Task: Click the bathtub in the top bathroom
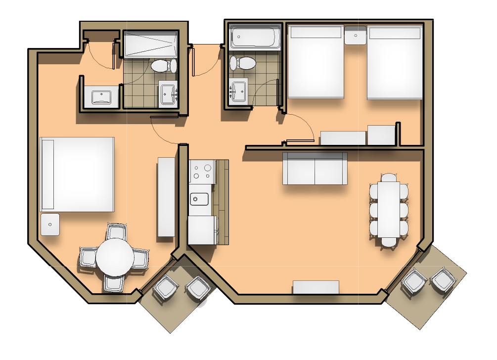tap(255, 37)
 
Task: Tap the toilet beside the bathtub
tap(242, 63)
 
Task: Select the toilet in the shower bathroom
tap(164, 65)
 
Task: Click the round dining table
tap(115, 257)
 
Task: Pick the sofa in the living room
tap(315, 169)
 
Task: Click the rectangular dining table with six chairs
tap(389, 210)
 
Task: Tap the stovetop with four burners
tap(202, 172)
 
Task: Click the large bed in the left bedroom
tap(77, 174)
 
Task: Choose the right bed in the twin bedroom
tap(395, 62)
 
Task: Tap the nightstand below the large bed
tap(50, 225)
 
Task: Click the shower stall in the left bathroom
tap(150, 45)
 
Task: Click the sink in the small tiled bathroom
tap(239, 91)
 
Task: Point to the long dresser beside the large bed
tap(166, 197)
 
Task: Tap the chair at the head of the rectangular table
tap(390, 177)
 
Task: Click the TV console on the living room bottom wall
tap(316, 287)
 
